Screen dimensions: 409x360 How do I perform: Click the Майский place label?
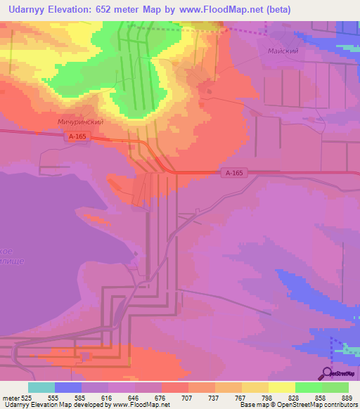[x=283, y=51]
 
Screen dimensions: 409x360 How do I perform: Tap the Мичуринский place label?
[x=80, y=122]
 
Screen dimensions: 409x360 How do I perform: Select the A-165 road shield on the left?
[x=80, y=138]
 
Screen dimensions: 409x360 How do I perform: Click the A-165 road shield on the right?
[x=235, y=173]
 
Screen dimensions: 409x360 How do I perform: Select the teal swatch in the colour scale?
[x=41, y=387]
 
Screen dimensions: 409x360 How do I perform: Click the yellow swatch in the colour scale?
[x=282, y=387]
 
